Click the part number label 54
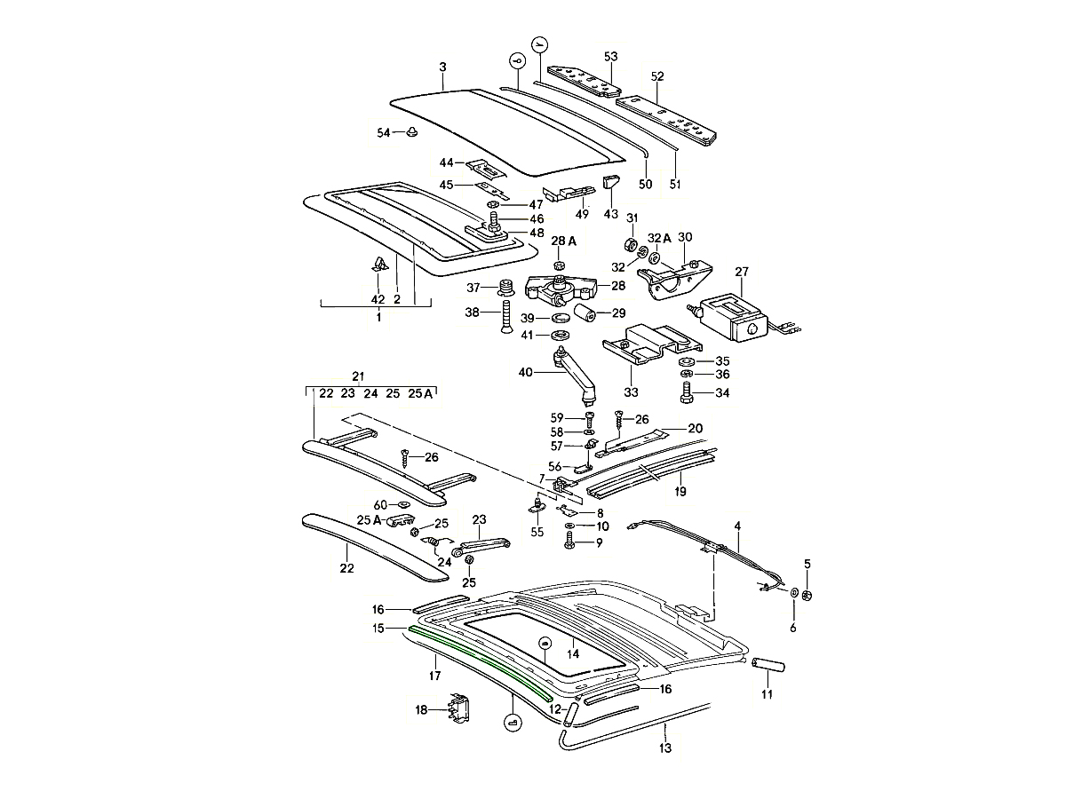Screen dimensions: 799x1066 click(383, 132)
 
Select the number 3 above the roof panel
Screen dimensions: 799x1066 click(442, 67)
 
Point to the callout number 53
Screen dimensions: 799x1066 click(610, 57)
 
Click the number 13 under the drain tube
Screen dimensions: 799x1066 click(666, 748)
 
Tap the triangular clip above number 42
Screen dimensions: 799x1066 click(378, 265)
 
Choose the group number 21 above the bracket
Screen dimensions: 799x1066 click(358, 376)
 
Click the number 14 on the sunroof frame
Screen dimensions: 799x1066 click(573, 654)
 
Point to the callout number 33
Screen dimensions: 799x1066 click(632, 391)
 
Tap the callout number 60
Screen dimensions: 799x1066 click(379, 505)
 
